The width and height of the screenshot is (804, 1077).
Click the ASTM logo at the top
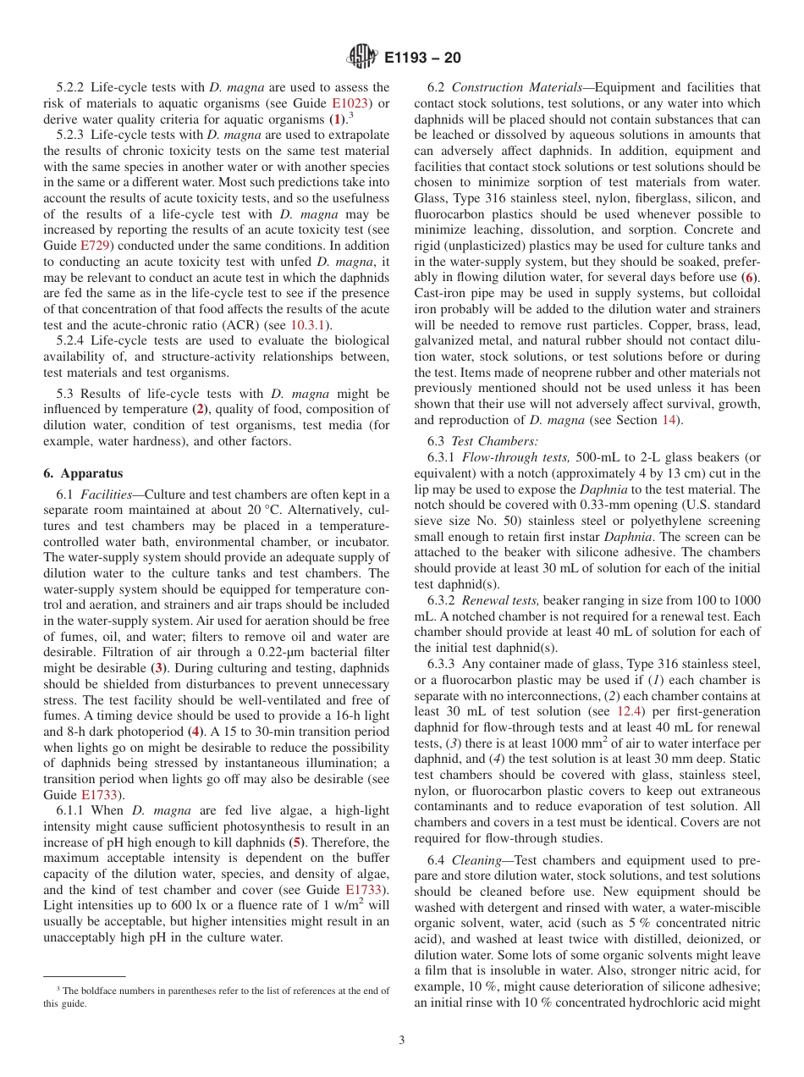(x=362, y=58)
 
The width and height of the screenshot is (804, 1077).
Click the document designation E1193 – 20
(x=422, y=58)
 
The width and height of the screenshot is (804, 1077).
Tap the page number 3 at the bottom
(x=402, y=1040)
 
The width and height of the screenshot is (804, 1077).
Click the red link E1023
(x=339, y=103)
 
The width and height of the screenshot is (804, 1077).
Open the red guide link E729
(x=96, y=246)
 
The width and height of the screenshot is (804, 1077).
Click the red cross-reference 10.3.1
(x=311, y=326)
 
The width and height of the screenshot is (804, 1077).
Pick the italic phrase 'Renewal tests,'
(x=499, y=600)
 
